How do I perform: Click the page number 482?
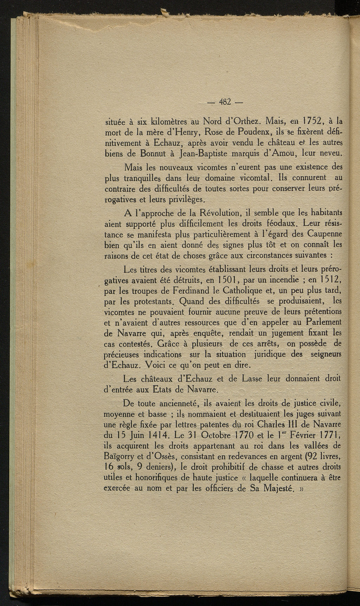[x=225, y=102]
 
